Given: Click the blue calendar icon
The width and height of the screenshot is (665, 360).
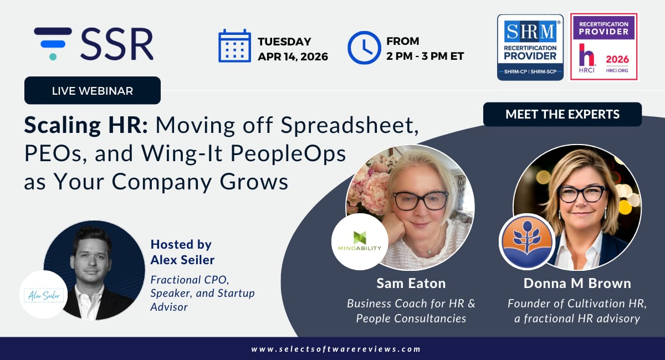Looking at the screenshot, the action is click(x=234, y=46).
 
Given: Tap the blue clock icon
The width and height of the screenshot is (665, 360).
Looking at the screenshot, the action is click(x=364, y=48).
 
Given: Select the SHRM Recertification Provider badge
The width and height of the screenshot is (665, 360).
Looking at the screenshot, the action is click(x=530, y=48).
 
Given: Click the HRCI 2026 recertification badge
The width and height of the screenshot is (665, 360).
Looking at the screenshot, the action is click(x=604, y=47).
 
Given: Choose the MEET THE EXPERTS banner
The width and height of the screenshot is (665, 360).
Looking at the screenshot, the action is click(x=562, y=114).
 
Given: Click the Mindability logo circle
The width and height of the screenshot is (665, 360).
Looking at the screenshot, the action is click(x=360, y=241).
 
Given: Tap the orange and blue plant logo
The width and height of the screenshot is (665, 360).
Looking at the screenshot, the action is click(x=527, y=241).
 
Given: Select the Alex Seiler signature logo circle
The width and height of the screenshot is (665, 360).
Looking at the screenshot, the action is click(x=44, y=295).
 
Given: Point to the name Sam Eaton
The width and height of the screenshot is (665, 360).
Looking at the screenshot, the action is click(x=411, y=284).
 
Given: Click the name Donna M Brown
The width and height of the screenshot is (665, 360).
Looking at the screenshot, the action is click(x=577, y=284).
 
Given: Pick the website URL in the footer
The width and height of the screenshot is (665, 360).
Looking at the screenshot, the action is click(x=336, y=349).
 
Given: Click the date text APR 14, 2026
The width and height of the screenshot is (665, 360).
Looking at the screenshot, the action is click(x=293, y=56).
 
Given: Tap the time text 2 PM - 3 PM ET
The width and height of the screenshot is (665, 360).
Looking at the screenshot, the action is click(x=425, y=56).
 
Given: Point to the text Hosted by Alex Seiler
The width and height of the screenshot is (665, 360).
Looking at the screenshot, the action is click(x=182, y=252).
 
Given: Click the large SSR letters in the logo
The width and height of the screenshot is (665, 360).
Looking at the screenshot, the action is click(x=117, y=44).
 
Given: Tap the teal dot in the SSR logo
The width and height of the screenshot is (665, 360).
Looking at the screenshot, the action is click(x=53, y=56).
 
